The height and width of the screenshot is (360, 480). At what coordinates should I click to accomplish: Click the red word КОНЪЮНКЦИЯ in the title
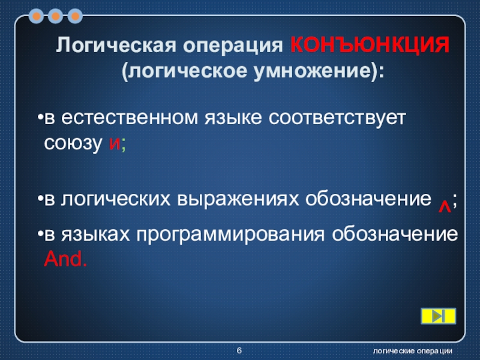click(x=370, y=44)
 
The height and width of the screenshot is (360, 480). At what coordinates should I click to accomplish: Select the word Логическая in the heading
click(x=116, y=44)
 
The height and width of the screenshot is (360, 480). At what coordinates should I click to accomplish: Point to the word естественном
click(x=130, y=118)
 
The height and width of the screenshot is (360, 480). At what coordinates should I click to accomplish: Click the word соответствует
click(x=337, y=118)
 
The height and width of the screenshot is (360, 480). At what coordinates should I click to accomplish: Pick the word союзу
click(x=73, y=143)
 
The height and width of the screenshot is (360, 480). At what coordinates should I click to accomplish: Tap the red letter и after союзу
click(x=115, y=143)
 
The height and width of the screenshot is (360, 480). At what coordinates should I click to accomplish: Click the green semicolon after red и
click(x=124, y=145)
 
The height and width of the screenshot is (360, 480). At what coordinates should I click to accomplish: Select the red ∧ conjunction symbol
click(x=445, y=207)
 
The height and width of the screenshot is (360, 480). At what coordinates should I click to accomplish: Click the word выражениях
click(x=238, y=199)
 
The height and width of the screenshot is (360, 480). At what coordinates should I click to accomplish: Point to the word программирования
click(x=230, y=235)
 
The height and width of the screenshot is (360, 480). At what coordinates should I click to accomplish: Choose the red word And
click(x=65, y=259)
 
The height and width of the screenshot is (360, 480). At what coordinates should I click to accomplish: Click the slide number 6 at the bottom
click(x=239, y=350)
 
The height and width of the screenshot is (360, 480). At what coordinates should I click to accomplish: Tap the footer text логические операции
click(x=412, y=351)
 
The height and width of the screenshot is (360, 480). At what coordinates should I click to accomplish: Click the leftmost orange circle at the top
click(x=37, y=16)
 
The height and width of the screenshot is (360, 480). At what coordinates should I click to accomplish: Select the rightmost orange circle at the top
click(x=75, y=16)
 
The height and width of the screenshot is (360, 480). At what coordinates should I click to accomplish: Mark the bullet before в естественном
click(x=40, y=118)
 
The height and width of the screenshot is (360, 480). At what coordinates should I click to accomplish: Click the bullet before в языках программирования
click(x=40, y=234)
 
